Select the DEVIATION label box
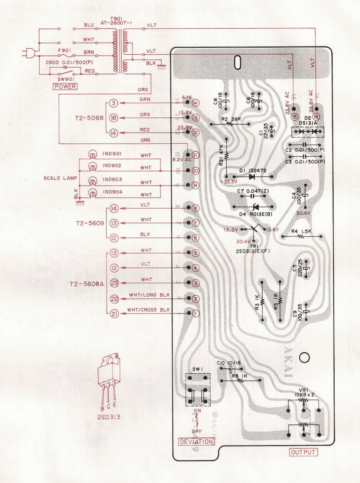196,442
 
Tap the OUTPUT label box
304,452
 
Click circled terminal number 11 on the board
195,155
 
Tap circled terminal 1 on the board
195,313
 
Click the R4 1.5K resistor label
301,232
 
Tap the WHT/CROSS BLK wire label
148,310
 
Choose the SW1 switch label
197,369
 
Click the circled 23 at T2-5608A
114,283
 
